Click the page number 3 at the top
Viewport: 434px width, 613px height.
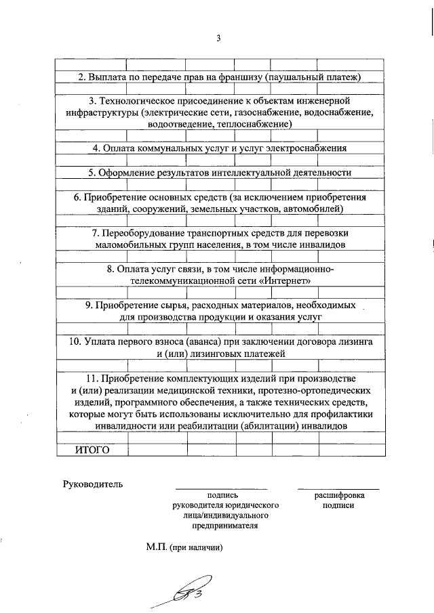pyautogui.click(x=218, y=38)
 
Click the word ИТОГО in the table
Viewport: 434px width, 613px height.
pyautogui.click(x=91, y=450)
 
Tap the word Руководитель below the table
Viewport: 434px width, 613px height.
pyautogui.click(x=92, y=484)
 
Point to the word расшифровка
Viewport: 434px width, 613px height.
pyautogui.click(x=338, y=495)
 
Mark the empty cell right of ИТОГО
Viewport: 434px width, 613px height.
pyautogui.click(x=157, y=450)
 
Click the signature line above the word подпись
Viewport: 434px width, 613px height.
pyautogui.click(x=221, y=488)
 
